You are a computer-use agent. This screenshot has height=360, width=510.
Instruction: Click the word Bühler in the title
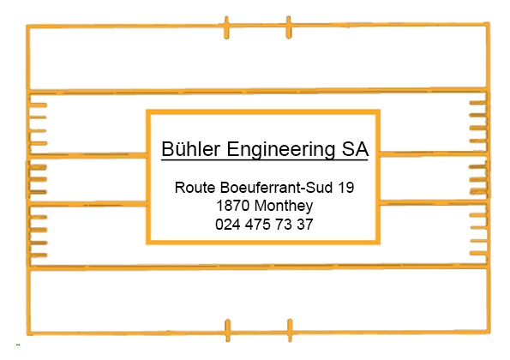coord(191,149)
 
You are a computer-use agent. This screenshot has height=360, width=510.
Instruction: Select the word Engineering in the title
coord(280,150)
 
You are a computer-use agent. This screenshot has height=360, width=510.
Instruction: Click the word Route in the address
coord(195,188)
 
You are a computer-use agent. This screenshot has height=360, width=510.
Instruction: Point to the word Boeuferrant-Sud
coord(276,188)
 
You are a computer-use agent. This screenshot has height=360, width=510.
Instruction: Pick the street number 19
coord(346,188)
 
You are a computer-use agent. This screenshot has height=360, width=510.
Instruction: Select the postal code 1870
coord(232,206)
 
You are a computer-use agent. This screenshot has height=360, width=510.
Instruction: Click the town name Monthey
coord(284,207)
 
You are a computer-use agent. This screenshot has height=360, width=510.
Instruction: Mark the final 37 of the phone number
coord(305,225)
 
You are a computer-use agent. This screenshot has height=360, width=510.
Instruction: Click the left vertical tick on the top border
coord(226,27)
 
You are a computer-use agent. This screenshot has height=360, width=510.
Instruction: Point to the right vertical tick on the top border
coord(289,27)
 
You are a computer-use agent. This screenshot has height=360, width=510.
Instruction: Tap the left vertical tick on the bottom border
coord(228,330)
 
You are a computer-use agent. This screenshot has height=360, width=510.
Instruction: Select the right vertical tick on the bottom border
coord(290,330)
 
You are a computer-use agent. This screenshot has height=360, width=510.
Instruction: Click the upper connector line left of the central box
coord(87,155)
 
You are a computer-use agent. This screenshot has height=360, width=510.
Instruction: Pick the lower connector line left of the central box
coord(87,204)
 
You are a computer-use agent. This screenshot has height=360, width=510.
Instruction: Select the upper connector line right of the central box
coord(433,153)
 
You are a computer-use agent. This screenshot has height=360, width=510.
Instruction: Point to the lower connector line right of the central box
coord(433,202)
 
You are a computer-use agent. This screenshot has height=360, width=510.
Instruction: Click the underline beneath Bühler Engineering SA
coord(265,159)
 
